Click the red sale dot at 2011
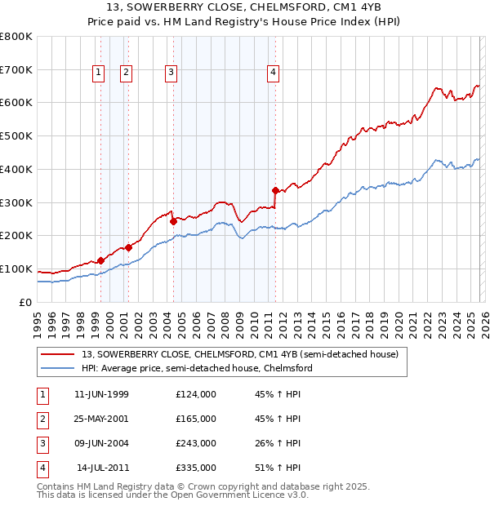tap(275, 190)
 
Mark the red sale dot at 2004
tap(173, 221)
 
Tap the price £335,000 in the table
tap(195, 468)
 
